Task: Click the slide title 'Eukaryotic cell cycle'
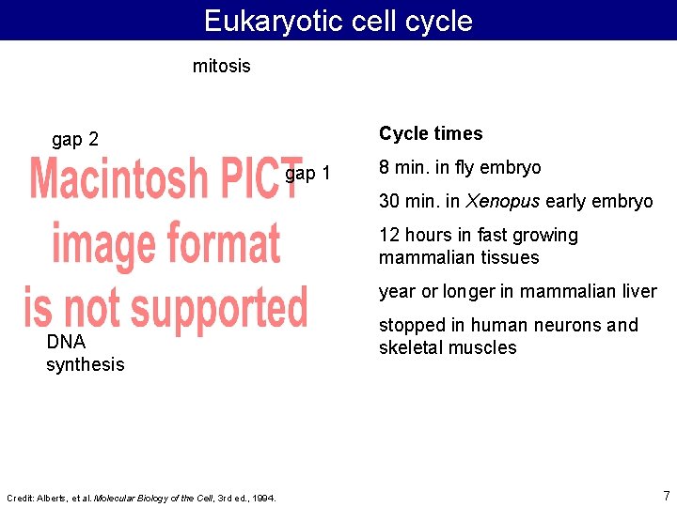click(x=338, y=21)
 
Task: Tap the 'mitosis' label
click(x=221, y=66)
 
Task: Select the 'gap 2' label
click(x=75, y=140)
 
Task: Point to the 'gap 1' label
click(x=307, y=174)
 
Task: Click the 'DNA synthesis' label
click(x=85, y=353)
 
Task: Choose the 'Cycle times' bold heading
click(x=431, y=133)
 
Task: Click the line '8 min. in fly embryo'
click(x=460, y=167)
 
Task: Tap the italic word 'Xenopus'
click(x=499, y=201)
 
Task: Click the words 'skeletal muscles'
click(x=448, y=347)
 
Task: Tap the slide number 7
click(x=666, y=495)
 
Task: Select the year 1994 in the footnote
click(x=264, y=498)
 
